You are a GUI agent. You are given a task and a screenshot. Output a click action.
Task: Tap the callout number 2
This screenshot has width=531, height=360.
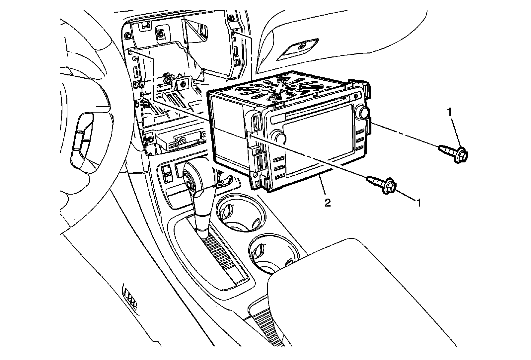[328, 203]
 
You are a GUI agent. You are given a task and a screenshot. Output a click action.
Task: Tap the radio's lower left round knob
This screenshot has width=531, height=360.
[278, 136]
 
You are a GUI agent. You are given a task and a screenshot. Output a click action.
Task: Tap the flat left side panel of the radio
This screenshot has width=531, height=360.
[229, 130]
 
